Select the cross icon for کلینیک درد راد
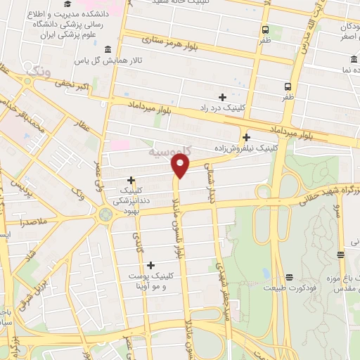coord(223,97)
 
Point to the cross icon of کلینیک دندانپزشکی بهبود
coord(131,180)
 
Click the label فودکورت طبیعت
coord(288,288)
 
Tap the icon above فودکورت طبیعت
coord(288,276)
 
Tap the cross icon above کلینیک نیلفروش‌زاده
coord(246,137)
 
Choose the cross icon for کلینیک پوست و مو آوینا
coord(150,264)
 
